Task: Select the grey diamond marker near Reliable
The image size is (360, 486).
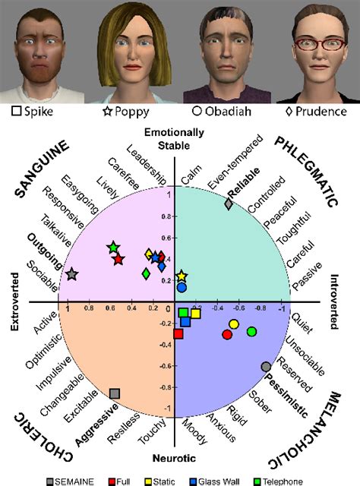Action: pos(229,204)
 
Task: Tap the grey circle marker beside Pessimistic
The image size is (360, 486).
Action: pos(266,367)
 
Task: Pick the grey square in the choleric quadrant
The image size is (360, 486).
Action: pos(115,393)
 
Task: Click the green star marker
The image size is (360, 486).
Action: pos(113,248)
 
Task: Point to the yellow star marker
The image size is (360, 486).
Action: pos(181,276)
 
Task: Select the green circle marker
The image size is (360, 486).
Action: pos(252,332)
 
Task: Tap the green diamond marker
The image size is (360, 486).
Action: pos(145,273)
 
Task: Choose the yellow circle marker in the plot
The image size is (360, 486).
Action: pos(234,325)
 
